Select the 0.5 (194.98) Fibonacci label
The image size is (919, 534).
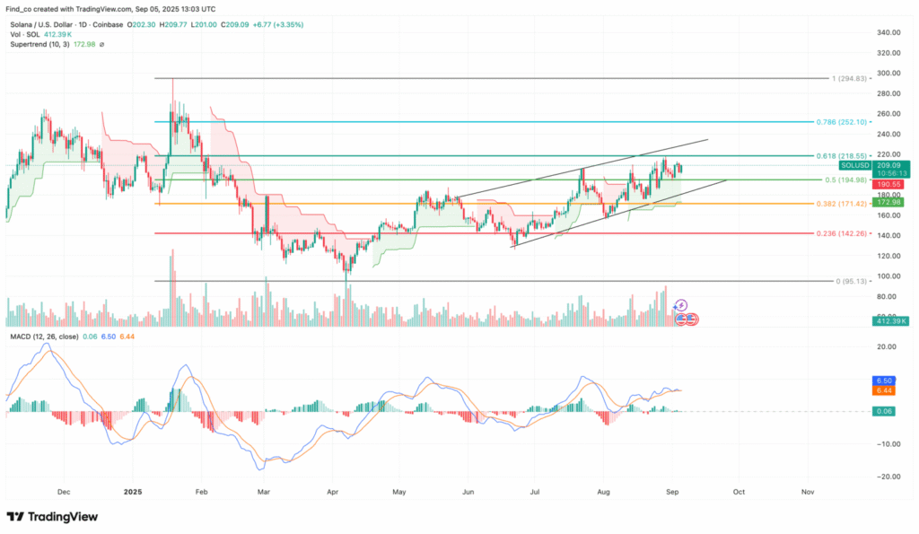point(842,179)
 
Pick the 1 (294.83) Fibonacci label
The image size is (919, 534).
point(847,78)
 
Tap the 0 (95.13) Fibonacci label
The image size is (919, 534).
point(849,281)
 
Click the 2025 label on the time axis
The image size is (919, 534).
point(134,493)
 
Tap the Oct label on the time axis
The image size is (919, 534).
point(738,493)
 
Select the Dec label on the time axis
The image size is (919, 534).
point(63,493)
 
